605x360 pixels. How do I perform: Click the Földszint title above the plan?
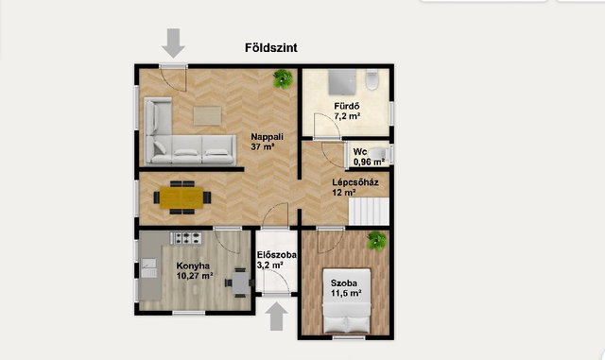(x=271, y=48)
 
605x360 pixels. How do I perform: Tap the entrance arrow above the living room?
(x=173, y=43)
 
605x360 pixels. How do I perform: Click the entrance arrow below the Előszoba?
(x=276, y=317)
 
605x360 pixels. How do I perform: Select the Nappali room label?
(x=267, y=137)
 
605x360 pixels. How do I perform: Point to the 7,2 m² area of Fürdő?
(x=347, y=116)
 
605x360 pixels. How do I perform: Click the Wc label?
(x=360, y=151)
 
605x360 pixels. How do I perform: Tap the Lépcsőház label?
(x=355, y=182)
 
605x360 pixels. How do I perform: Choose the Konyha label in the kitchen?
(x=193, y=266)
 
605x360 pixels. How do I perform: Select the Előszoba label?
(x=277, y=255)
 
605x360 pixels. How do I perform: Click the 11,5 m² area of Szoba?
(x=346, y=293)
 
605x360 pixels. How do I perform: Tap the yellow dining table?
(x=181, y=197)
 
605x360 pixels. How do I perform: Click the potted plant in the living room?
(x=283, y=79)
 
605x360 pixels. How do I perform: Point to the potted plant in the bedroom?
(x=376, y=241)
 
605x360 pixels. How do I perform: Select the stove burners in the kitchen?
(x=186, y=238)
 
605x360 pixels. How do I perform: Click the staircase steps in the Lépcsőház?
(x=369, y=212)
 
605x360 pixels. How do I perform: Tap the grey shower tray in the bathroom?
(x=342, y=82)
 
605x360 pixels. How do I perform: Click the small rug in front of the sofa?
(x=208, y=116)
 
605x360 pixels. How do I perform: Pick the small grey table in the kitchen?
(x=241, y=283)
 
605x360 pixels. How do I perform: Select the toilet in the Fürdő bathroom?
(x=372, y=79)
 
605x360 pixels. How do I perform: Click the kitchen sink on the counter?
(x=149, y=268)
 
